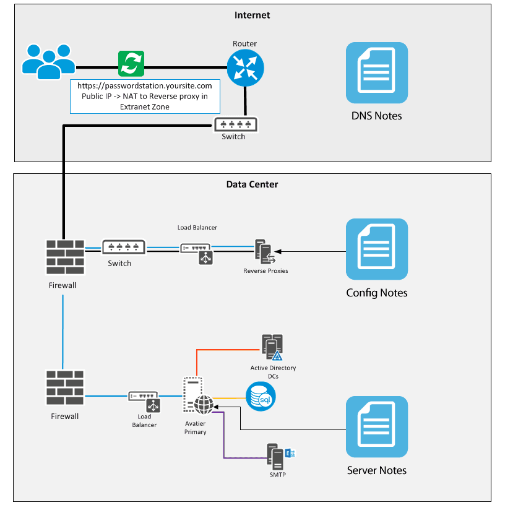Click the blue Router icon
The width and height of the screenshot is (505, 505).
(245, 68)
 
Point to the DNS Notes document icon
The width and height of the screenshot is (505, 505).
(377, 72)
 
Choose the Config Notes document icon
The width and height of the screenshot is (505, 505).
(377, 249)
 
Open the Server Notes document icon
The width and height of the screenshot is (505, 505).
(377, 426)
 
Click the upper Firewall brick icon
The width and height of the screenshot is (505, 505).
(64, 256)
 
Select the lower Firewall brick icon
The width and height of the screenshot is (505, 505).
(64, 388)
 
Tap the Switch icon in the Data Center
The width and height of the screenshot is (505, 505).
(124, 247)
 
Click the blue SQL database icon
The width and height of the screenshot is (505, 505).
(261, 397)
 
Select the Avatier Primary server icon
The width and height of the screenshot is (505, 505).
(197, 397)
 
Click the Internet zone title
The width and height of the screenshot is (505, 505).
(252, 15)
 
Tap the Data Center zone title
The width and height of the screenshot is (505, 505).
(252, 184)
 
